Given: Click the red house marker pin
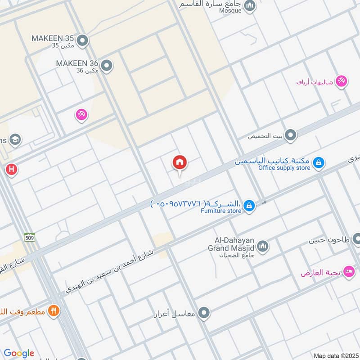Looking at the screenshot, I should coord(180,163).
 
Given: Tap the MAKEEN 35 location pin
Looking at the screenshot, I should coord(82,41).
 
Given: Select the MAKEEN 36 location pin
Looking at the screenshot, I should coord(107,66).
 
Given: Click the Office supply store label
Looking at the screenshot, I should coord(284,168).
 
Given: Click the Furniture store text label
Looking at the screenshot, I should coord(221,210).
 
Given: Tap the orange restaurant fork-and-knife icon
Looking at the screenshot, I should coord(54,310).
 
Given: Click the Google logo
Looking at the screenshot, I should coord(19,353).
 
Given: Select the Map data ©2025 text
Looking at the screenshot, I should coord(335,355).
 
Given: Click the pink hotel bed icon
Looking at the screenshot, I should coord(348,272).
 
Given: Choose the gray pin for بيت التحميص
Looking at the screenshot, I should coord(291,135).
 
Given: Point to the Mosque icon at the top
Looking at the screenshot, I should coord(250,6).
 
